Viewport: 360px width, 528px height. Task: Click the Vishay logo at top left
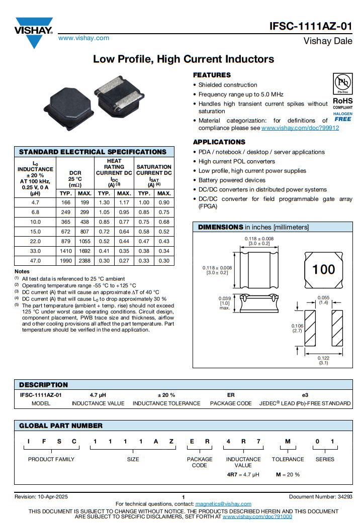tap(34, 31)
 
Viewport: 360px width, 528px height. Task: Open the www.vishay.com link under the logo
tap(84, 38)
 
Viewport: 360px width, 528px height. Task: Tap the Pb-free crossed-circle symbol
tap(342, 82)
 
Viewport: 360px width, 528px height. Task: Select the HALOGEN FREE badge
tap(342, 117)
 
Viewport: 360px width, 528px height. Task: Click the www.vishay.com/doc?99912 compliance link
tap(300, 128)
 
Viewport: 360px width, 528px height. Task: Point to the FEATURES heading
tap(212, 75)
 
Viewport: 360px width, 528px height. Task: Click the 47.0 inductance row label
tap(35, 261)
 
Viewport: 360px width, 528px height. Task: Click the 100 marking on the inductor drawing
tap(323, 270)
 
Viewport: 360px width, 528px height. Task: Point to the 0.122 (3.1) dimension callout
tap(323, 360)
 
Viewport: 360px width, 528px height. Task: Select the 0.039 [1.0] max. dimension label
tap(224, 303)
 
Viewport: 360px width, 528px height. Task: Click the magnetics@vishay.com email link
tap(223, 504)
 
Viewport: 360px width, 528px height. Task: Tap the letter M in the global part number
tap(288, 441)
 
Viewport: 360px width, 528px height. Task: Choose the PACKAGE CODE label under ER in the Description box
tap(230, 403)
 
